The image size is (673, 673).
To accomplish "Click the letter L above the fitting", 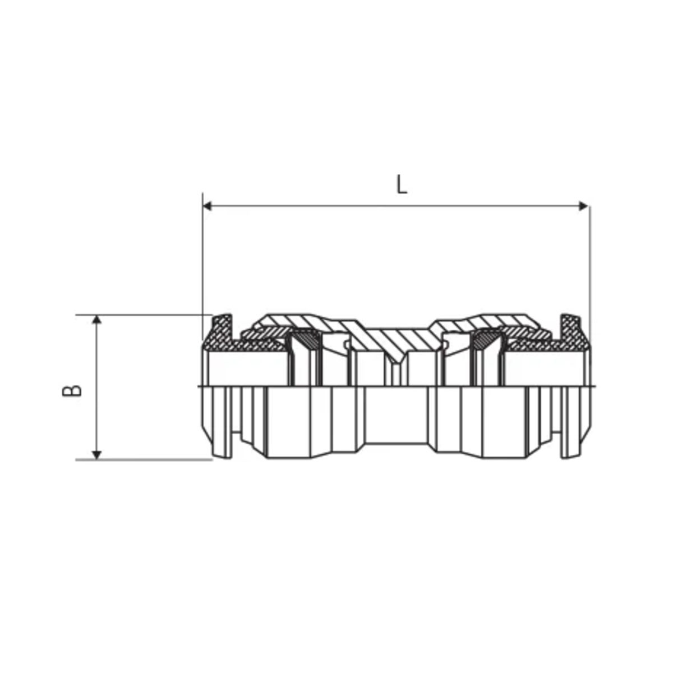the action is coord(402,185).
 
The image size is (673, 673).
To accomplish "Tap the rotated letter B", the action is coord(72,391).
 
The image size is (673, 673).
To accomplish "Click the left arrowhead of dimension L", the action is coord(208,206).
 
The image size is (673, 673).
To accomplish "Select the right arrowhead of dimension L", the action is coord(583,206).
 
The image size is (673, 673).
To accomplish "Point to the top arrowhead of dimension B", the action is coord(96,319).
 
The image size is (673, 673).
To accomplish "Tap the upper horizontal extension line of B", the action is coord(144,315).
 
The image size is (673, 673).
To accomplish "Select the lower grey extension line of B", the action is coord(144,460).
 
